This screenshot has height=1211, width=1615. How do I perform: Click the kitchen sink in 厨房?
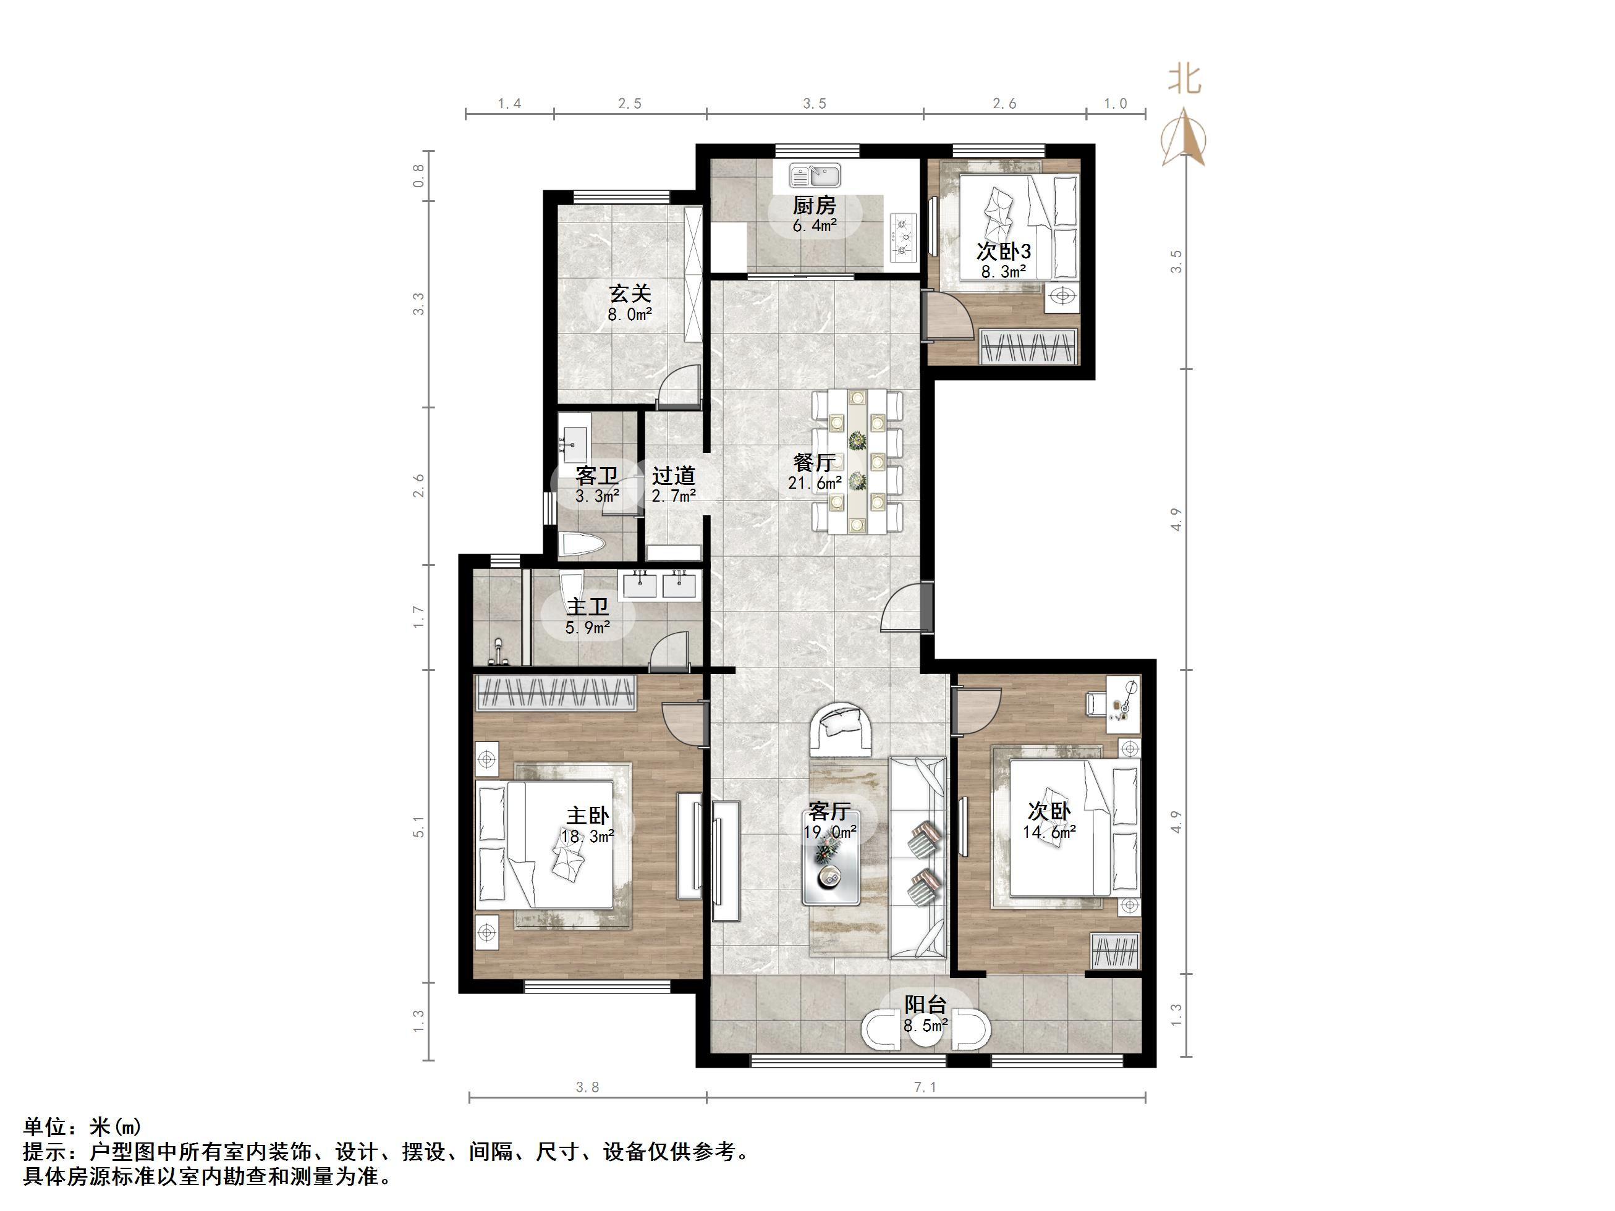815,175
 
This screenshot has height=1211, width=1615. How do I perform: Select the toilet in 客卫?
582,544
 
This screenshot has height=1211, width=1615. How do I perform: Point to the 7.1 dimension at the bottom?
925,1087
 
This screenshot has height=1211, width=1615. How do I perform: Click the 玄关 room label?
629,293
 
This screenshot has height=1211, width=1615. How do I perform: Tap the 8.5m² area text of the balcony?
926,1026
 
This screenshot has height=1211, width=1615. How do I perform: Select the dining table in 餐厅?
858,462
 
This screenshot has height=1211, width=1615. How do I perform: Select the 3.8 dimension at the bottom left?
587,1087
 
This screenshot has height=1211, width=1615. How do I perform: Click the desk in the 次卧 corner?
1123,703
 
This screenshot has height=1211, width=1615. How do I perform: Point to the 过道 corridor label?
673,476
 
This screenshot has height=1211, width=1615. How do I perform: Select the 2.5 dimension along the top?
629,104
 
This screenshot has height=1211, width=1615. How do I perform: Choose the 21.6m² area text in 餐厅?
814,482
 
